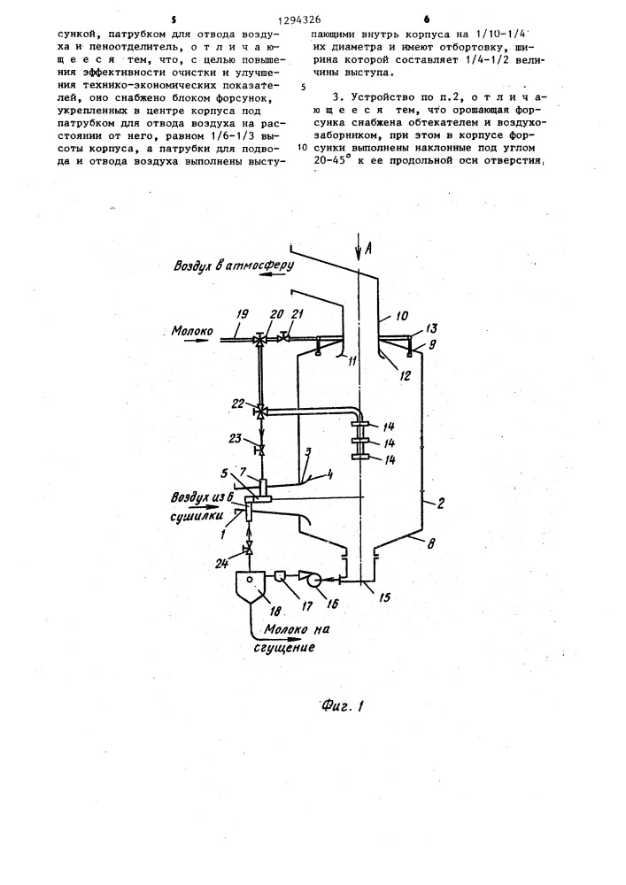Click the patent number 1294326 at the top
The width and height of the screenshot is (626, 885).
(299, 20)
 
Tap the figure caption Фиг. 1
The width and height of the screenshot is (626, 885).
(343, 705)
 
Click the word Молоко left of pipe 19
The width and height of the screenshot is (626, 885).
(192, 331)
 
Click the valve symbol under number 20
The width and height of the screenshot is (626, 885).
(259, 341)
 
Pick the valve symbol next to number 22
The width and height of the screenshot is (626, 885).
(259, 412)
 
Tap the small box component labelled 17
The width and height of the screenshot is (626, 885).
(280, 576)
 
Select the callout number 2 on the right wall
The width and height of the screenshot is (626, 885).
(440, 504)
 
